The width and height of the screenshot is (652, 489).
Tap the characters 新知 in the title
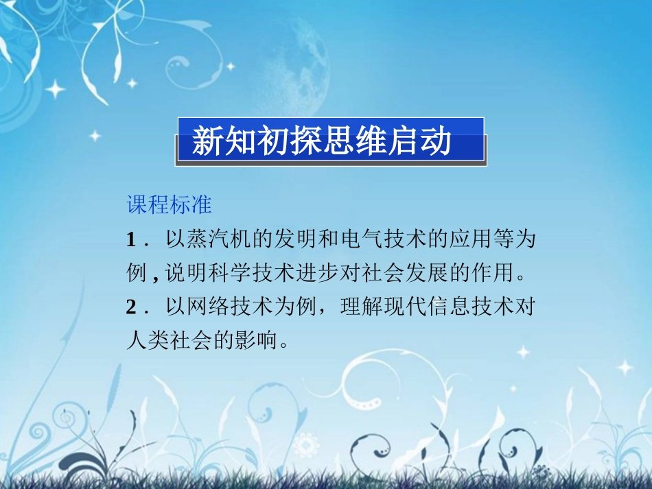213,141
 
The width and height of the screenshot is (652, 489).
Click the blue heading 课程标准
169,204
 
